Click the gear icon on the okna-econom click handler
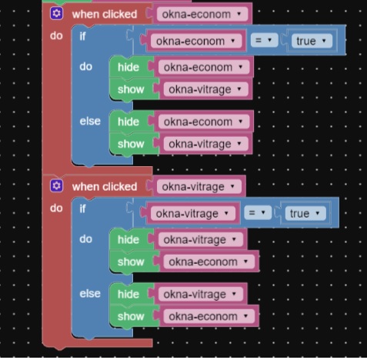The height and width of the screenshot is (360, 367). tap(57, 13)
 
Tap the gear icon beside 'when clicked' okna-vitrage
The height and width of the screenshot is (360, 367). tap(57, 185)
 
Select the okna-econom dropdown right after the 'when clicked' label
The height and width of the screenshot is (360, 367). tap(202, 14)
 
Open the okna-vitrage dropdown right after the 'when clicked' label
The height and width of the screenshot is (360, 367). tap(199, 187)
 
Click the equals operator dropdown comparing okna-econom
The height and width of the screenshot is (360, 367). tap(264, 40)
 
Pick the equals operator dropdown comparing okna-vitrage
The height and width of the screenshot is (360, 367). tap(258, 213)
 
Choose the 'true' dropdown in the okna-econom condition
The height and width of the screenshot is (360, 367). tap(312, 41)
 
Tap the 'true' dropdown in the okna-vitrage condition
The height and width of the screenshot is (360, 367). tap(305, 213)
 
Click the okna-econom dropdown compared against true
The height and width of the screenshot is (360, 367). tap(196, 41)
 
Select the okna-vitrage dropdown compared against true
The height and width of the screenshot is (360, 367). tap(193, 214)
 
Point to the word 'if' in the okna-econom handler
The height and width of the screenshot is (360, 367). tap(82, 36)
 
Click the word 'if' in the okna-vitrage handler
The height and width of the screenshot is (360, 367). tap(82, 209)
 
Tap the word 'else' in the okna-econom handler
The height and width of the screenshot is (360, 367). tap(90, 121)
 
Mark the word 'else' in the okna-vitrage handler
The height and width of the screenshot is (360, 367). tap(90, 294)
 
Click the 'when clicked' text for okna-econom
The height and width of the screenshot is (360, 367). tap(105, 15)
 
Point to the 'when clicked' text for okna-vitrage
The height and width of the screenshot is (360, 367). tap(105, 187)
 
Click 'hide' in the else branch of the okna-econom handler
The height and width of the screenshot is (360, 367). tap(128, 122)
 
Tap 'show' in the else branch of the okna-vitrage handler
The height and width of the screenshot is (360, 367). tap(131, 316)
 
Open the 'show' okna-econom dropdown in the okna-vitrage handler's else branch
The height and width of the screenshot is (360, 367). tap(209, 316)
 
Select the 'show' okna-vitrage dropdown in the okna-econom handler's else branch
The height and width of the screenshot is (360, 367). tap(206, 144)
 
